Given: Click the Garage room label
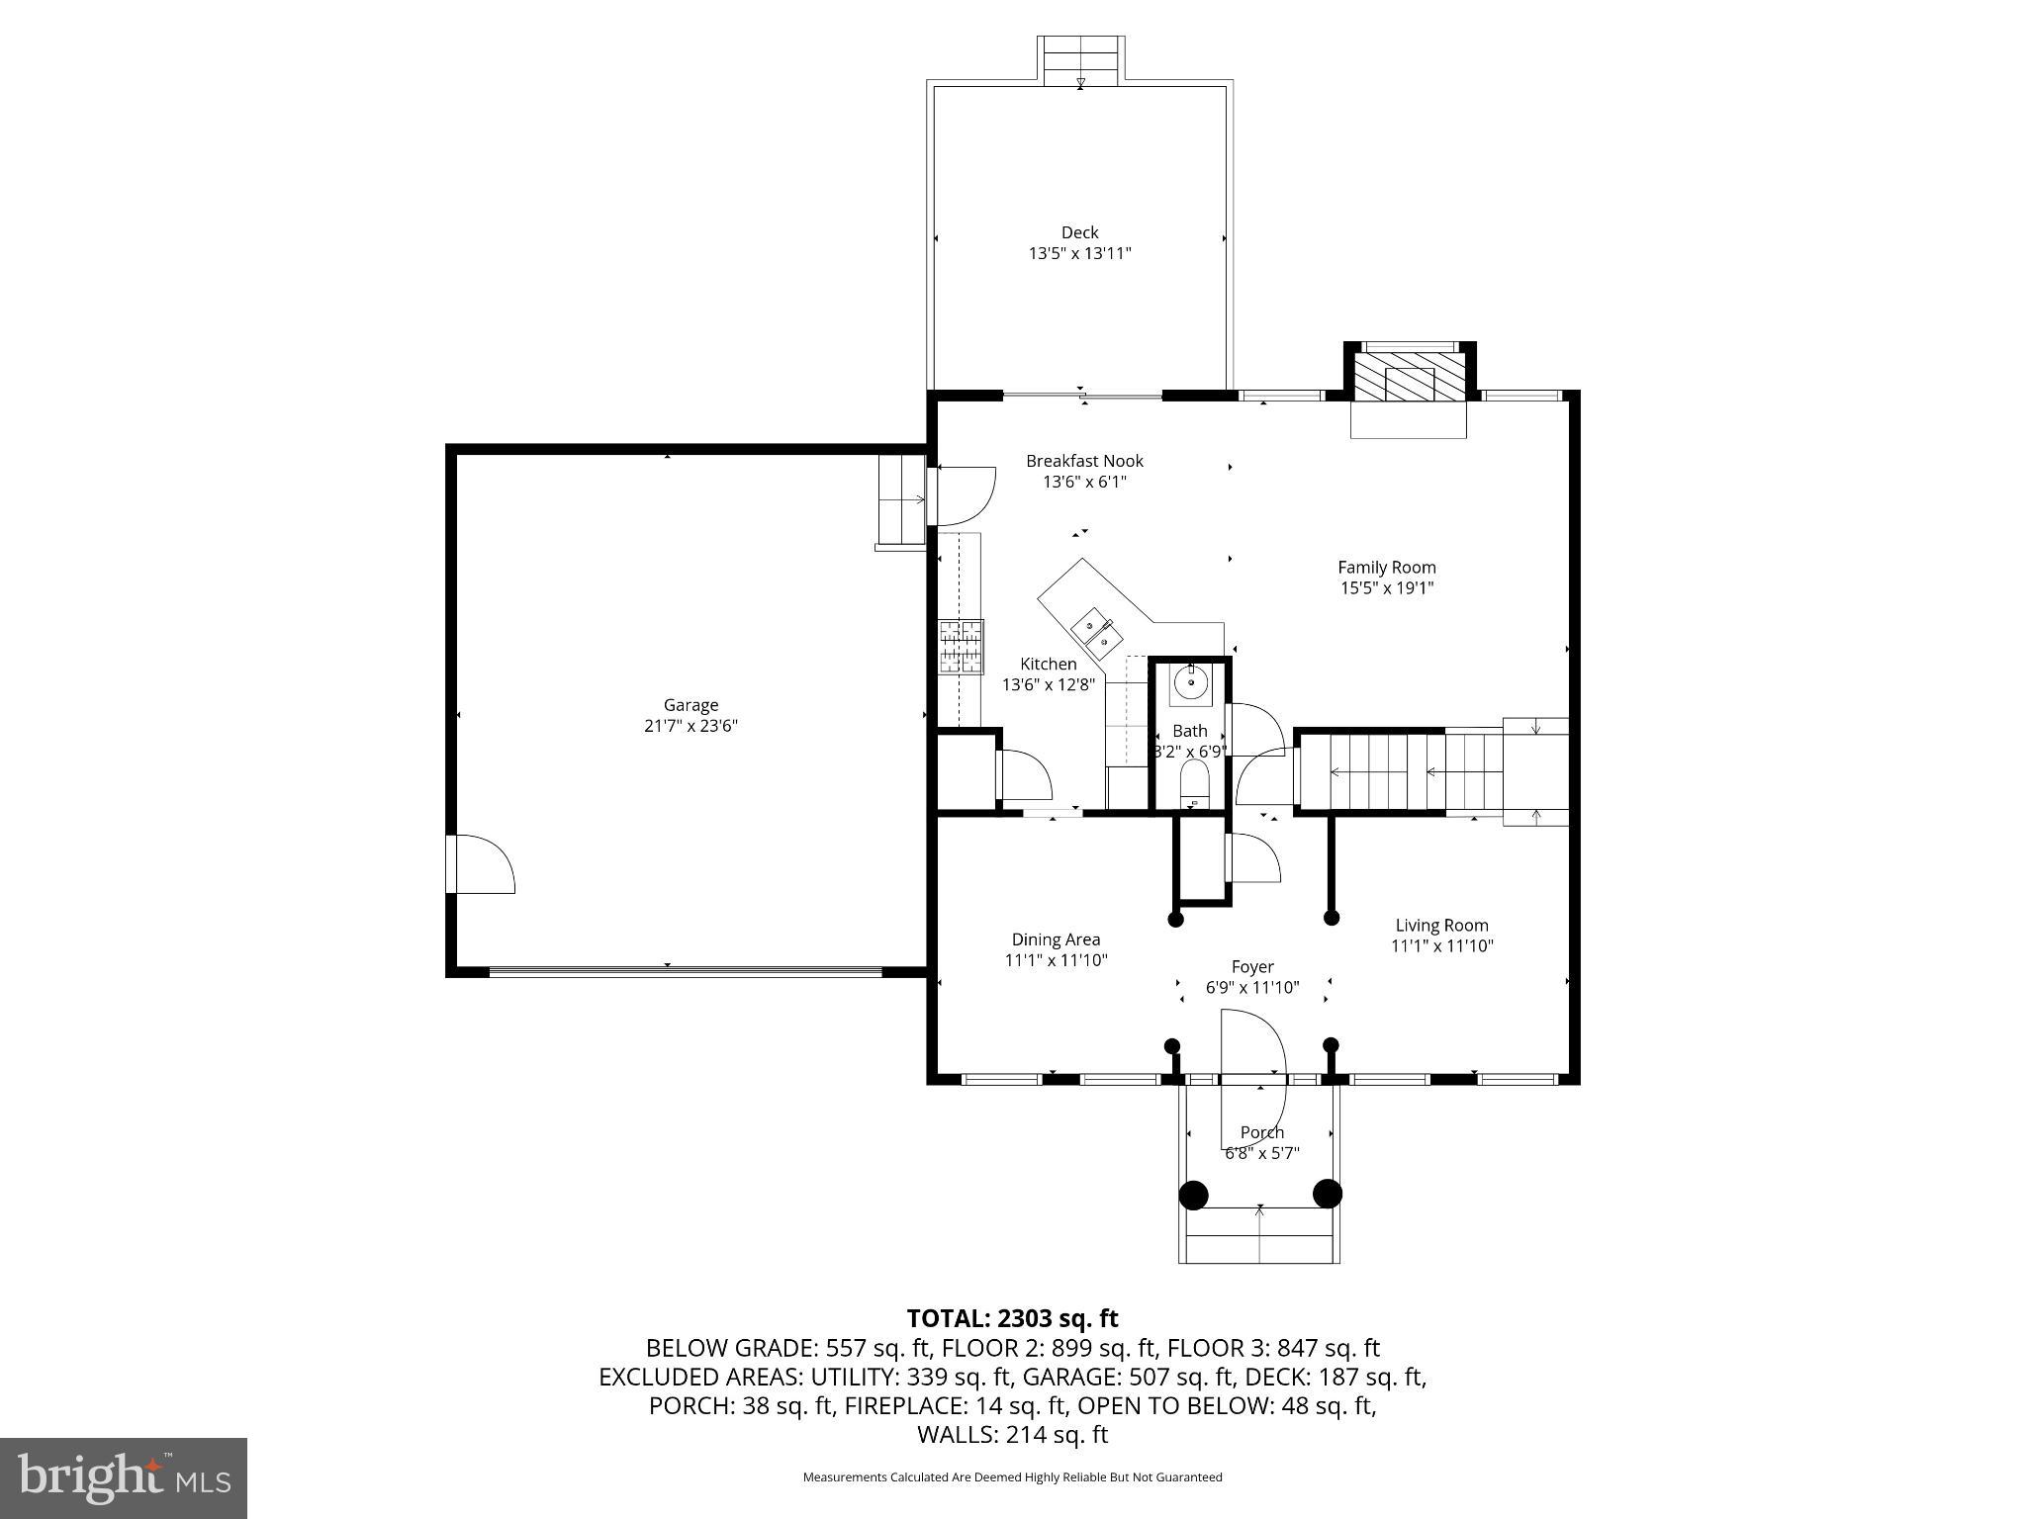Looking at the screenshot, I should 691,705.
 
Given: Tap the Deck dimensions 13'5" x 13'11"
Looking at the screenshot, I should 1079,253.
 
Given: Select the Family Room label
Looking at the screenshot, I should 1386,567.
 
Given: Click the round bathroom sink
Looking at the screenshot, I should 1192,682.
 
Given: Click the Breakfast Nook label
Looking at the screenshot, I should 1084,461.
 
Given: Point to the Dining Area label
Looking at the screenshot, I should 1056,939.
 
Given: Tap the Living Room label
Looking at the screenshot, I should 1441,926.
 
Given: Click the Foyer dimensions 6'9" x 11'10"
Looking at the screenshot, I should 1251,987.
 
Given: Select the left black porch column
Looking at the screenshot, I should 1194,1195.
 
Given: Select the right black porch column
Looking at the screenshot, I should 1327,1195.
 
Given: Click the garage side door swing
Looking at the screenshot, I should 483,865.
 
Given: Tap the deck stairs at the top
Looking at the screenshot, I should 1080,61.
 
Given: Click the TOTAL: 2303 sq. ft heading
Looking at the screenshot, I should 1012,1318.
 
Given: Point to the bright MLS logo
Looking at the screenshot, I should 123,1477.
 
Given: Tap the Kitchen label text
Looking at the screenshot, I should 1049,664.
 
